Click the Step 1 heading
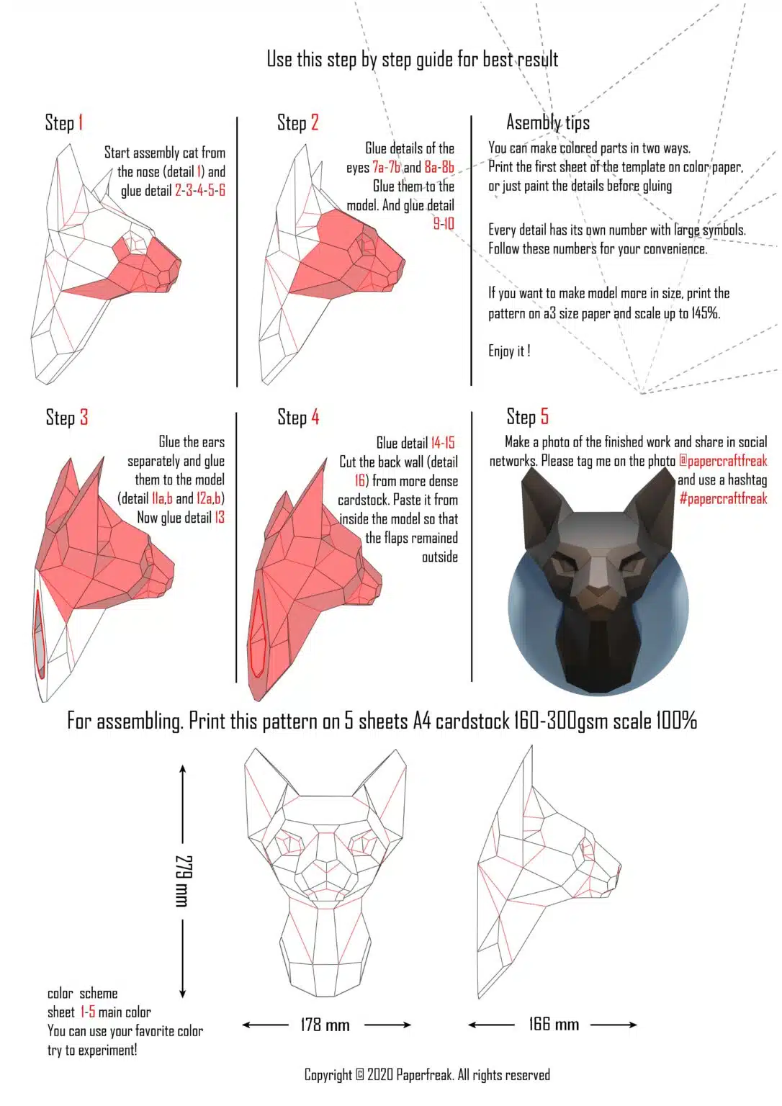tap(64, 122)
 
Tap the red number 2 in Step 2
tap(315, 122)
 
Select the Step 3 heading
tap(67, 418)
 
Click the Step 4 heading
tap(298, 418)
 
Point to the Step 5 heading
tap(527, 416)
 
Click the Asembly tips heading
tap(547, 122)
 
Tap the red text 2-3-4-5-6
tap(199, 191)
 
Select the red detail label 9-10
tap(444, 224)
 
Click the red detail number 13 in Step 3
tap(220, 518)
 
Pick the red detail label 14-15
tap(443, 443)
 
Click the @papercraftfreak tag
tap(723, 461)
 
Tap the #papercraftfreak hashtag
tap(723, 498)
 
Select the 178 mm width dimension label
tap(325, 1025)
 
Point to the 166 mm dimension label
tap(553, 1024)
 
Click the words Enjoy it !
tap(509, 351)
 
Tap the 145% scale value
tap(706, 313)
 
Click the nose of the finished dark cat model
tap(600, 594)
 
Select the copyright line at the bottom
tap(427, 1075)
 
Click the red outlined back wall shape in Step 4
tap(258, 634)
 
